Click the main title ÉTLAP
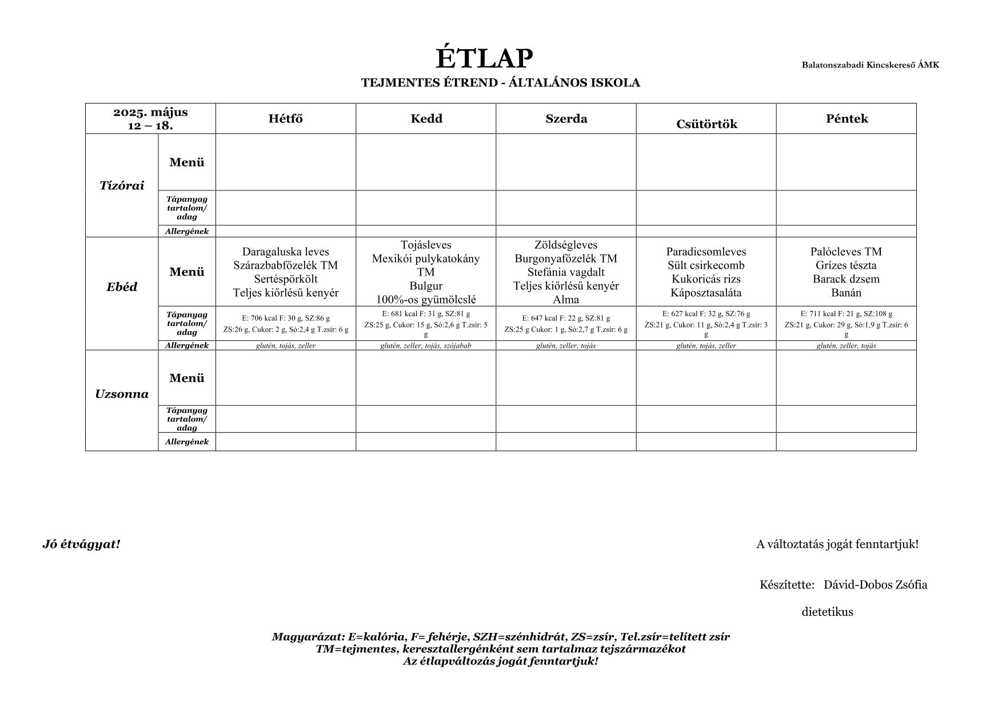[484, 58]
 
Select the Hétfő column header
[286, 119]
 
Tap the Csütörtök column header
[706, 124]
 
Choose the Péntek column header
[847, 119]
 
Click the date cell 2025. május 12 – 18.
[150, 119]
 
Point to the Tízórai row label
[122, 185]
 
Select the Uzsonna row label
[122, 394]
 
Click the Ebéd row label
[122, 287]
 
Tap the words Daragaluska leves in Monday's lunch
[286, 252]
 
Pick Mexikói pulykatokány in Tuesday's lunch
[426, 258]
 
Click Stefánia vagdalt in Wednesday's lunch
[566, 272]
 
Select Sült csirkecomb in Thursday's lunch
[706, 265]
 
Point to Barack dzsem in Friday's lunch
[846, 279]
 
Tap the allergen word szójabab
[457, 345]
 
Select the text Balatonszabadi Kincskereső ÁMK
[870, 65]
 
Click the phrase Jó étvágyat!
[81, 544]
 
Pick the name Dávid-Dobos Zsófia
[875, 584]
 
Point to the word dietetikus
[827, 612]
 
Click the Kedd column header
[426, 119]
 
